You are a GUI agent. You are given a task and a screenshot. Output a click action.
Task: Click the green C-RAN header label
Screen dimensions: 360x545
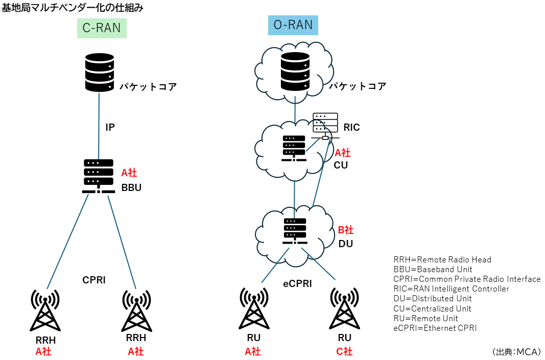point(102,28)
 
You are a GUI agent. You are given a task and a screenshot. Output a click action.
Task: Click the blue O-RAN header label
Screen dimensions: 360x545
point(293,25)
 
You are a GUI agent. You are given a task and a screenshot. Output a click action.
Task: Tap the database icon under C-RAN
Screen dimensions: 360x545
point(99,73)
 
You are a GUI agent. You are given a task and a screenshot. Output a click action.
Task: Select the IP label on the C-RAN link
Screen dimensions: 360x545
point(110,128)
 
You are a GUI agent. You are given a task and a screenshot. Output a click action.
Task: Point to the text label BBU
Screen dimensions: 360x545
point(131,187)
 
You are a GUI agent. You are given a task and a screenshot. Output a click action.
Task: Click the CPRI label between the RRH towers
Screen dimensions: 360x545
point(94,280)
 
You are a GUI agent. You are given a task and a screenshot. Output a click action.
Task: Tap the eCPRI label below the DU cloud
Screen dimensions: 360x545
point(297,284)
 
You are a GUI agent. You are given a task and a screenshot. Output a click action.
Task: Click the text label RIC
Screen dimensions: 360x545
point(351,128)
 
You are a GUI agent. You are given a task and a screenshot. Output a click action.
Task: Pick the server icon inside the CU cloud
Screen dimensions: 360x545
point(294,148)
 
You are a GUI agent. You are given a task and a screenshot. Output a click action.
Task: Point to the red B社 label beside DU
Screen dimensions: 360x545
point(346,230)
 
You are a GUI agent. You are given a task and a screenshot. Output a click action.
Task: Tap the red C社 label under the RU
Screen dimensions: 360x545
point(344,351)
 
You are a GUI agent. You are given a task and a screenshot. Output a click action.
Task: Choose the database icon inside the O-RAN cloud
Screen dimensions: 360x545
point(295,72)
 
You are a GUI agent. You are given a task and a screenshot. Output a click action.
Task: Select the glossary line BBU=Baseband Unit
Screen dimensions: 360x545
point(433,269)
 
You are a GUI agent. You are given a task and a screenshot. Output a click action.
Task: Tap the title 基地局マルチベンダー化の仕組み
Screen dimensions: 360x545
point(73,7)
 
